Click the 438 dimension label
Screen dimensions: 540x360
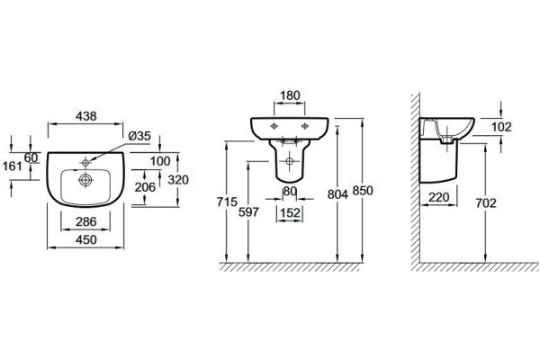[x=86, y=116]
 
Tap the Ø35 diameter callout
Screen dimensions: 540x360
[x=139, y=136]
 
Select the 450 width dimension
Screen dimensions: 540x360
[x=86, y=239]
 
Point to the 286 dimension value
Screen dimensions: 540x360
[x=86, y=221]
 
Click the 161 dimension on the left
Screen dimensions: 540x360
[x=13, y=166]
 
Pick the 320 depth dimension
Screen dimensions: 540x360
[x=178, y=179]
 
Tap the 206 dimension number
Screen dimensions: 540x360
[x=145, y=187]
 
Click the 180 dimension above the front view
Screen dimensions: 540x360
[x=290, y=95]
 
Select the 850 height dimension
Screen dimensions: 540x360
[x=363, y=191]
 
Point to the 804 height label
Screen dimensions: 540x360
[x=337, y=194]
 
